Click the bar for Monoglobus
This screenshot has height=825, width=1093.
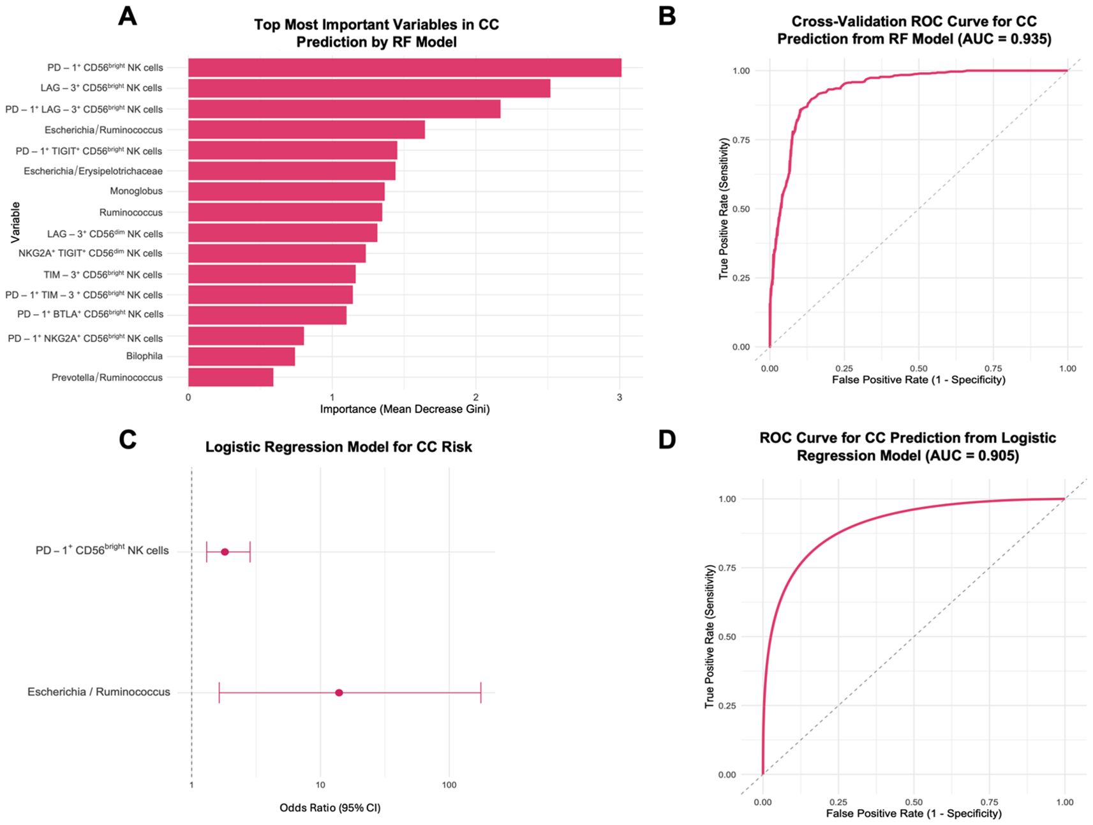pos(286,192)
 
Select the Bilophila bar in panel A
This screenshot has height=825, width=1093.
pos(241,356)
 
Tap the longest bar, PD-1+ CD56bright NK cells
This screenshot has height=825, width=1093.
pos(405,68)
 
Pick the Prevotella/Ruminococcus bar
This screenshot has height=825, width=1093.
pos(230,377)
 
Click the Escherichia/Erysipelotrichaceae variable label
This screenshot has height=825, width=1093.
pos(93,171)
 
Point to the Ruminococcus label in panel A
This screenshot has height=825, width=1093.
pos(131,213)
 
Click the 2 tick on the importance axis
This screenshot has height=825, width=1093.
pos(476,397)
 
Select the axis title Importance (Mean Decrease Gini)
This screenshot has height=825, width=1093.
pos(405,409)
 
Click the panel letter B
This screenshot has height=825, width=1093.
pos(667,16)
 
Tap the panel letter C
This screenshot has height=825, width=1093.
pos(128,439)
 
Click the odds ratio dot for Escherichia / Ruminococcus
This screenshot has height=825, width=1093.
pos(339,693)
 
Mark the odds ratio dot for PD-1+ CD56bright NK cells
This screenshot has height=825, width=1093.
pos(225,552)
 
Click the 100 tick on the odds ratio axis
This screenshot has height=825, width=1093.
pos(449,785)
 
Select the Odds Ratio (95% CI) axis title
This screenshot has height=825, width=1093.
pos(330,808)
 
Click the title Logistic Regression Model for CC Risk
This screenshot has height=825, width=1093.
pos(338,447)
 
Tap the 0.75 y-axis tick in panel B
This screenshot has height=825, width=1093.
pos(741,140)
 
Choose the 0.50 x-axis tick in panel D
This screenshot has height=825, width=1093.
pos(914,802)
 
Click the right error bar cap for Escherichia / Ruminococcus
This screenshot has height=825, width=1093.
pos(481,693)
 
